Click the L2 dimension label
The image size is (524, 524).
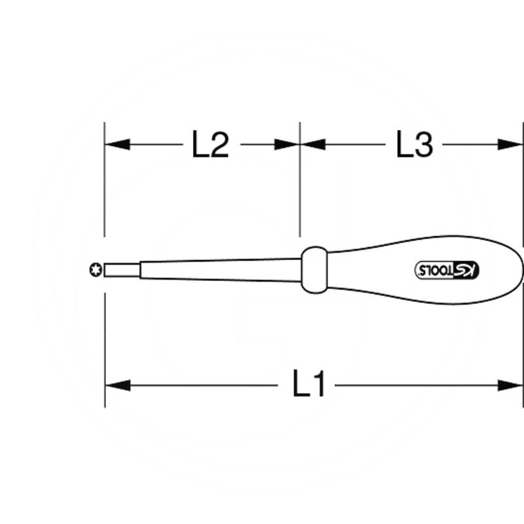tap(210, 145)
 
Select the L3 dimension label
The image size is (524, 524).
tap(415, 145)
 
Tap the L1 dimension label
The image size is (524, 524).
tap(309, 386)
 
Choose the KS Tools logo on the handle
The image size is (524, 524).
tap(449, 269)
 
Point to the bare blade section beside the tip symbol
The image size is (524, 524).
tap(121, 269)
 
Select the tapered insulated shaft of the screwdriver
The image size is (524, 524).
tap(216, 269)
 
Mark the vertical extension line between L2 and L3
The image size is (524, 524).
tap(300, 183)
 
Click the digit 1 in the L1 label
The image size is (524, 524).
tap(319, 386)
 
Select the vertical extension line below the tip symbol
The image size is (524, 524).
tap(104, 341)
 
